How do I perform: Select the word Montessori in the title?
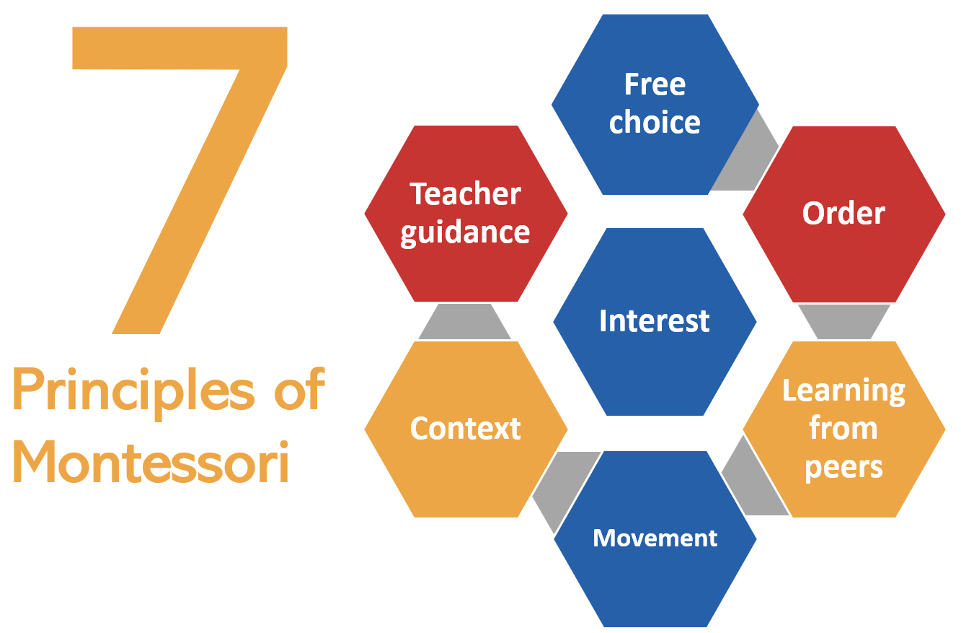coord(151,463)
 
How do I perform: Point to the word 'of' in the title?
coord(300,388)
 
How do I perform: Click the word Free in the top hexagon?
coord(655,84)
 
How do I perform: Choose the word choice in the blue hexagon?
coord(655,122)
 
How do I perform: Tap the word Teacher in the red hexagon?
coord(465,194)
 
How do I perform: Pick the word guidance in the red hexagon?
coord(465,233)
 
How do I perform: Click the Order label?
coord(843,213)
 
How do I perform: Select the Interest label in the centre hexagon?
coord(655,320)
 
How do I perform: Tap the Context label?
coord(466,428)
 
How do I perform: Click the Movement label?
coord(655,538)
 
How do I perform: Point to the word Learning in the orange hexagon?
coord(843,391)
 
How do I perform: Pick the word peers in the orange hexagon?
coord(843,468)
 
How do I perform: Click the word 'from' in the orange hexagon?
coord(843,428)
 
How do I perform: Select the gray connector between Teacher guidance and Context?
coord(464,322)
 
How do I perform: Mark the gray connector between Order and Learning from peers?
coord(844,322)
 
